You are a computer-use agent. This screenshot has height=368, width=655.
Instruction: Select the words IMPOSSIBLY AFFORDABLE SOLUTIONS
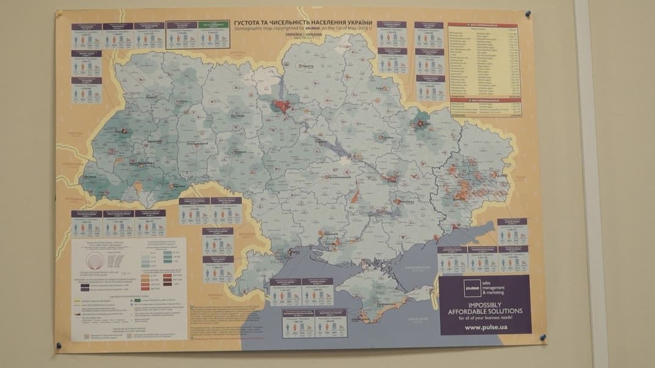(x=485, y=308)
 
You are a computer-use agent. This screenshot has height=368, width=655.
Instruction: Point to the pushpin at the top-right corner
(x=527, y=13)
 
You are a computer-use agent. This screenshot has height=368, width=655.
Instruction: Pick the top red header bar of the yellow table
(x=483, y=26)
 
